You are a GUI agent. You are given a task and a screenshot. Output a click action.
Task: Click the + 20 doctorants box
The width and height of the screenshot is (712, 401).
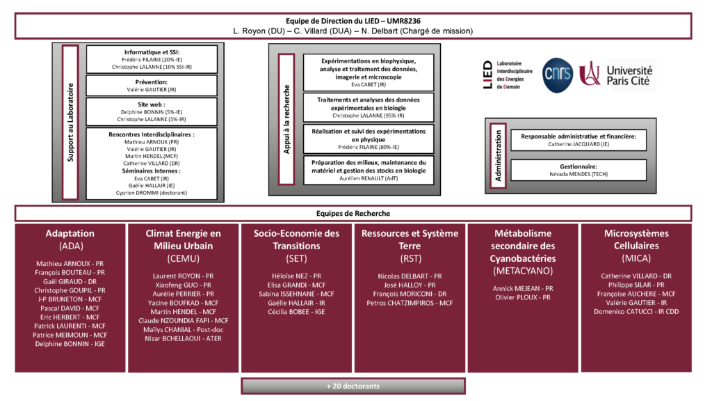click(353, 386)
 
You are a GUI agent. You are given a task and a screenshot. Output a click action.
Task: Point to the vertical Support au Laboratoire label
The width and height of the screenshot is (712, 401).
click(70, 123)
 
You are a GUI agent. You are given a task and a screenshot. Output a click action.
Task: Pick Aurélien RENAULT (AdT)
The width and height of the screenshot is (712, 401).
click(369, 178)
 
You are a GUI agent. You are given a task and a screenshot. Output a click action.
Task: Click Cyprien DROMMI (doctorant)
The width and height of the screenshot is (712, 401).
click(152, 192)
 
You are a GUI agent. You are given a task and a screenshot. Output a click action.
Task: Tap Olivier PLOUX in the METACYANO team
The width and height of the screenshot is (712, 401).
click(523, 297)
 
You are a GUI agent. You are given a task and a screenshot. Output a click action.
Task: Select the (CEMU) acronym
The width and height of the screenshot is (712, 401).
click(183, 259)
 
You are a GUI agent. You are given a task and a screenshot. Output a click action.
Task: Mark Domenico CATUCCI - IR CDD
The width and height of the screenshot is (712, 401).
click(636, 312)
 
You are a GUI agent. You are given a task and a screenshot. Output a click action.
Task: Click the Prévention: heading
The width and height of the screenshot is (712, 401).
click(151, 81)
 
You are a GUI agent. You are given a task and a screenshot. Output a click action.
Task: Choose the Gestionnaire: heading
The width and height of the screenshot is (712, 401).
click(578, 166)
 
